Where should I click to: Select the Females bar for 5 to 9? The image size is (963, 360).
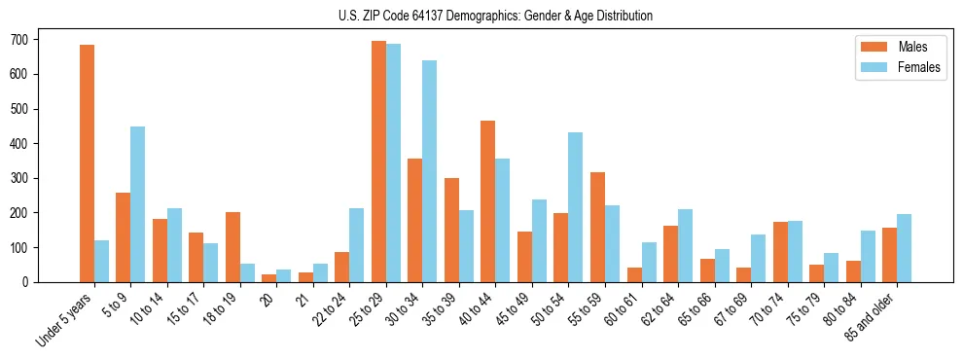tap(138, 204)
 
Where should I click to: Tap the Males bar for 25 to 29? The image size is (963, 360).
tap(378, 162)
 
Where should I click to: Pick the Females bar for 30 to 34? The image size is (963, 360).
tap(429, 171)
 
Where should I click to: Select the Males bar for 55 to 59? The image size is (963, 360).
tap(597, 227)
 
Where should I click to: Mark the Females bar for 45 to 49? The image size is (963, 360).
tap(539, 240)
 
